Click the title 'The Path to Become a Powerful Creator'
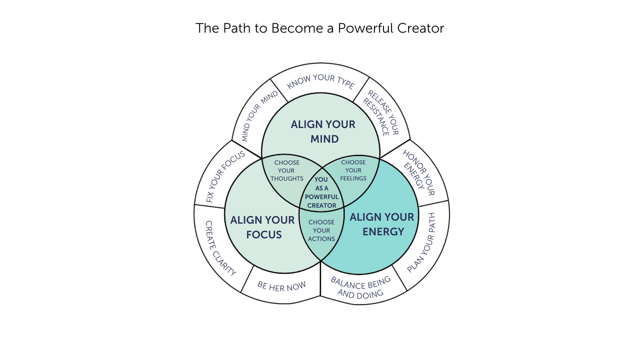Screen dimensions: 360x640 pyautogui.click(x=319, y=28)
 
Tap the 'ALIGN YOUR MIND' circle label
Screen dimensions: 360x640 pyautogui.click(x=323, y=131)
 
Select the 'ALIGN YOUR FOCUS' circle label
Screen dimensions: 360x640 pyautogui.click(x=262, y=227)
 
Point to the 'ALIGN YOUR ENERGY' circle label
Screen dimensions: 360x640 pyautogui.click(x=382, y=224)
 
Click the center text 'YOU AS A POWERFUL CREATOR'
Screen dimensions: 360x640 pyautogui.click(x=321, y=192)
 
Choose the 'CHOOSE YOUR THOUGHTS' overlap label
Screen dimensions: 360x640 pyautogui.click(x=287, y=170)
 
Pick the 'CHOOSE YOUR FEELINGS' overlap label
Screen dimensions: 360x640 pyautogui.click(x=353, y=170)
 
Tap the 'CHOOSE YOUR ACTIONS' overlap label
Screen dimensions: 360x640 pyautogui.click(x=321, y=230)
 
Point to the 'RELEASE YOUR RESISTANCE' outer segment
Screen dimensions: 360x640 pyautogui.click(x=382, y=113)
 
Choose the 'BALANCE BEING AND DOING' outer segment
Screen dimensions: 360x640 pyautogui.click(x=360, y=287)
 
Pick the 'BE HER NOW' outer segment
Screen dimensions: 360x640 pyautogui.click(x=281, y=286)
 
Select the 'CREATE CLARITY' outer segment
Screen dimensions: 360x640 pyautogui.click(x=220, y=248)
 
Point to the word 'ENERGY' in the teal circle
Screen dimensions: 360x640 pyautogui.click(x=383, y=231)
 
